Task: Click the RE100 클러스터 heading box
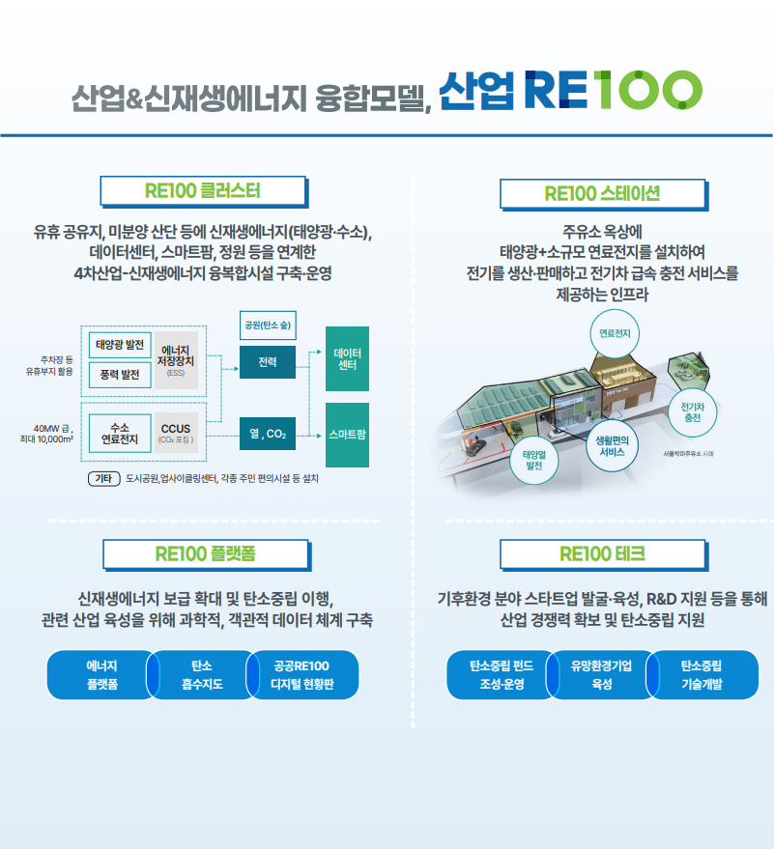pyautogui.click(x=203, y=190)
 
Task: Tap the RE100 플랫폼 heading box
pyautogui.click(x=205, y=554)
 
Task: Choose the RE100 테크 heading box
pyautogui.click(x=602, y=554)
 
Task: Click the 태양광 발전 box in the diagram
pyautogui.click(x=121, y=343)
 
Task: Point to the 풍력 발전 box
pyautogui.click(x=121, y=373)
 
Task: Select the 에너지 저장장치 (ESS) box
pyautogui.click(x=176, y=359)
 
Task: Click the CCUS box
pyautogui.click(x=176, y=431)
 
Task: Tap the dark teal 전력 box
pyautogui.click(x=268, y=362)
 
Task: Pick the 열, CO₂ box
pyautogui.click(x=268, y=435)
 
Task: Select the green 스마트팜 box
pyautogui.click(x=347, y=435)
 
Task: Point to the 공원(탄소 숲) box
pyautogui.click(x=269, y=325)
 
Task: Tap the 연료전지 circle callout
pyautogui.click(x=615, y=333)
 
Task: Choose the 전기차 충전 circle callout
pyautogui.click(x=692, y=412)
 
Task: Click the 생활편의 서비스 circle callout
pyautogui.click(x=612, y=445)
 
